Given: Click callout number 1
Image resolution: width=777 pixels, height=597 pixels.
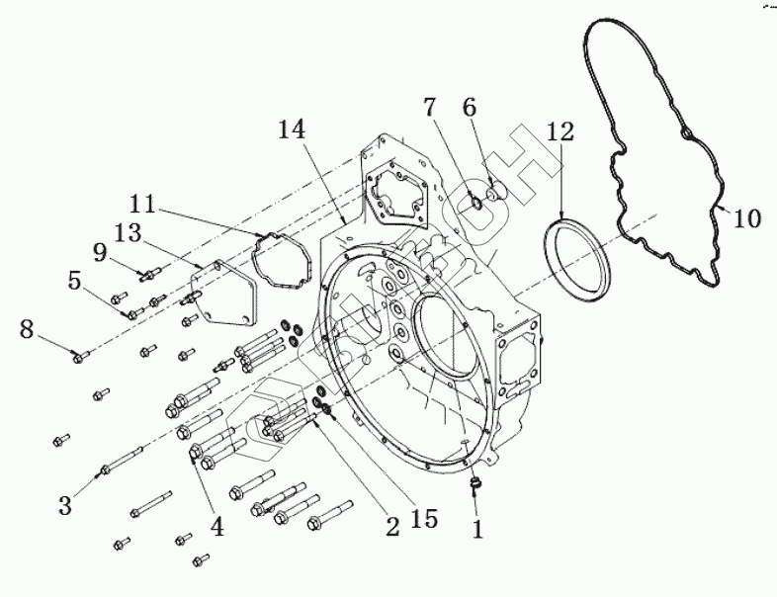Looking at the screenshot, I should pos(477,529).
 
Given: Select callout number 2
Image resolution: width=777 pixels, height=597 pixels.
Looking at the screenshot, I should pos(392,527).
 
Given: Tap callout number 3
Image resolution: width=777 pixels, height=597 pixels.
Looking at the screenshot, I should pos(65,506).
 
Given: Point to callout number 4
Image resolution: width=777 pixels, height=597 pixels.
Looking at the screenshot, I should pos(216,527).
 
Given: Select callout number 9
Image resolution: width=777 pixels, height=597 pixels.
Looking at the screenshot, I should pos(100,252).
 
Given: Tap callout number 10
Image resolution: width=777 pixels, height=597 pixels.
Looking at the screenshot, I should pos(749,218).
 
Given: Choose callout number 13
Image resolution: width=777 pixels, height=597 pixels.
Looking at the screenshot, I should pos(128,230).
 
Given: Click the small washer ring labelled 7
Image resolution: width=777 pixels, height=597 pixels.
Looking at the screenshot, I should pos(476,203).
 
